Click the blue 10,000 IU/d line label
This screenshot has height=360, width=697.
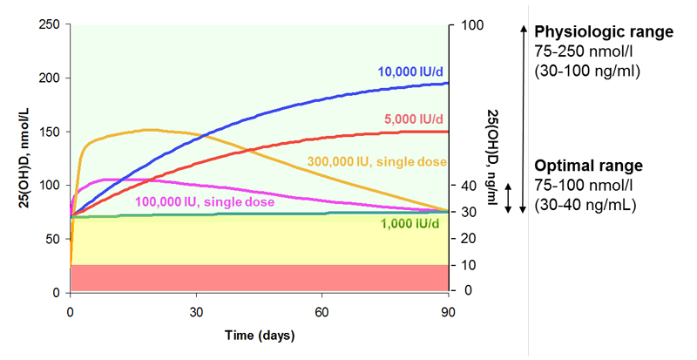(412, 71)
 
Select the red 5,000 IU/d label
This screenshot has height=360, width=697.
(415, 119)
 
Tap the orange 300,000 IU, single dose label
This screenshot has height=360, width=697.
(377, 163)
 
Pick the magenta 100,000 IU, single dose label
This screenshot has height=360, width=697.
(204, 202)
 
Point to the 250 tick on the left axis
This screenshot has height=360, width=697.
(52, 24)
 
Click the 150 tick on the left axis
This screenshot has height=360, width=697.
(52, 132)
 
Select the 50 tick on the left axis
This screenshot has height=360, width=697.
(56, 239)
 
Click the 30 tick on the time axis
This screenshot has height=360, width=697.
(196, 310)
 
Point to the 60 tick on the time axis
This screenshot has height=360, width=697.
(321, 310)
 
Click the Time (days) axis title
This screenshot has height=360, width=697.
(260, 335)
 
